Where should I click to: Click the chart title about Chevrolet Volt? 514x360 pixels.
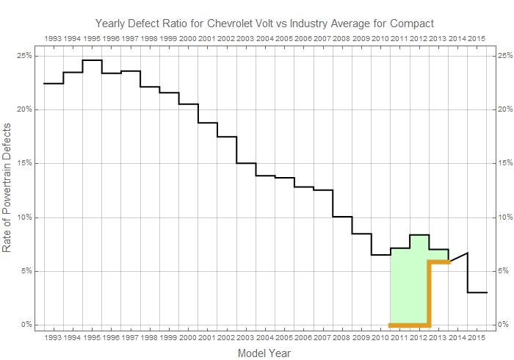pyautogui.click(x=264, y=24)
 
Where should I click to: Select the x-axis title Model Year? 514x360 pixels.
pyautogui.click(x=264, y=353)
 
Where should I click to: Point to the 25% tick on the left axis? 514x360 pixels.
pyautogui.click(x=23, y=55)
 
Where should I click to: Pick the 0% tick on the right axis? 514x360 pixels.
pyautogui.click(x=503, y=325)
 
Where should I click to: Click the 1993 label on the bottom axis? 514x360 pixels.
pyautogui.click(x=54, y=337)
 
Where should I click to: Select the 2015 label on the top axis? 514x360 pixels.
pyautogui.click(x=476, y=37)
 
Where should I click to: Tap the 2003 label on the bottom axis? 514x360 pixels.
pyautogui.click(x=245, y=337)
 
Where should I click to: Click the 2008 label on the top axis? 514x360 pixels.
pyautogui.click(x=341, y=37)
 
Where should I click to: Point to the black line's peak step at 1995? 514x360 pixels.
pyautogui.click(x=92, y=60)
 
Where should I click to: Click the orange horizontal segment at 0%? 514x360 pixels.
pyautogui.click(x=409, y=325)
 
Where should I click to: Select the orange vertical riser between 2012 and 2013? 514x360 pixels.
pyautogui.click(x=429, y=294)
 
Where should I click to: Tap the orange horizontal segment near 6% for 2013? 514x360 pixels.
pyautogui.click(x=438, y=262)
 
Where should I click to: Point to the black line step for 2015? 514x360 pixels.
pyautogui.click(x=477, y=292)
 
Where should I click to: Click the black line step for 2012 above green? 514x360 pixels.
pyautogui.click(x=419, y=235)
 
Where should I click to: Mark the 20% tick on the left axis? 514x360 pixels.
pyautogui.click(x=23, y=109)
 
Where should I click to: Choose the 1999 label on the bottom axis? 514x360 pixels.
pyautogui.click(x=168, y=337)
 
